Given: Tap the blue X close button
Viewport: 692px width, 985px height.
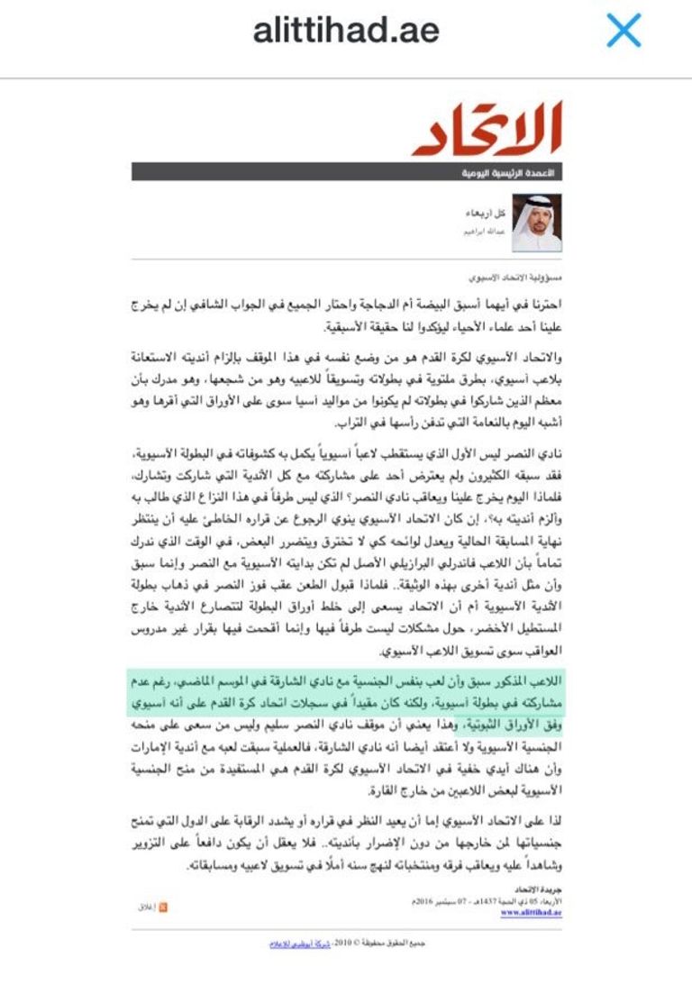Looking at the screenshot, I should (623, 31).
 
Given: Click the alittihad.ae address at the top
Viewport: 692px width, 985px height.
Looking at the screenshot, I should (346, 31).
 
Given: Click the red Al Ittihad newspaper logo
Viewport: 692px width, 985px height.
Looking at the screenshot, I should (488, 128).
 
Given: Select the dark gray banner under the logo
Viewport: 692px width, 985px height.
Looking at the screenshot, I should (347, 171).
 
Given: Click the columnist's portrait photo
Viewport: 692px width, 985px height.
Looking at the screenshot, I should (537, 223).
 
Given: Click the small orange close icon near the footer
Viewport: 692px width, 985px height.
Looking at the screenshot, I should (163, 907).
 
